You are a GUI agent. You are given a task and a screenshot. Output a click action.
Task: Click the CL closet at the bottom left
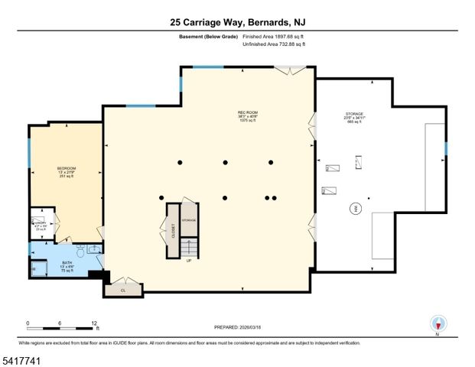(x=122, y=290)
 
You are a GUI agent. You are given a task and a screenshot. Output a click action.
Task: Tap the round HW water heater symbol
(x=354, y=208)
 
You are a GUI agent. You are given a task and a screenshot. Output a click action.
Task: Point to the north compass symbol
(x=437, y=323)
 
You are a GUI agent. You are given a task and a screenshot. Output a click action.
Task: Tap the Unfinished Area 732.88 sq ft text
(x=274, y=44)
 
